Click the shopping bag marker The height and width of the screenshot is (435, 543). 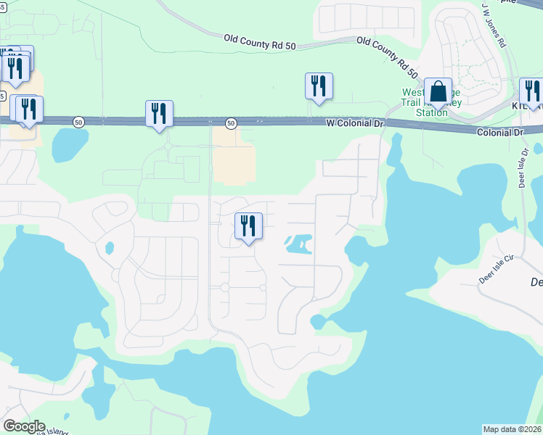(438, 93)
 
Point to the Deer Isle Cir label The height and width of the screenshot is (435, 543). (496, 267)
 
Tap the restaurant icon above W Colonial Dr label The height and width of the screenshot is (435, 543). (319, 86)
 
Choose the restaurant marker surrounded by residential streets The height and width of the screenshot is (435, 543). (248, 226)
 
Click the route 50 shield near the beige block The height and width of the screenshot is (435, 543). (230, 123)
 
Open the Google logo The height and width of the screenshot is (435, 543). (24, 426)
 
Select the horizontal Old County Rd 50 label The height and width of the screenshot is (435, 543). (260, 41)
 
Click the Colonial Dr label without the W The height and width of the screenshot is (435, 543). (500, 133)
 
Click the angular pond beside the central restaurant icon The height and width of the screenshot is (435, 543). (298, 244)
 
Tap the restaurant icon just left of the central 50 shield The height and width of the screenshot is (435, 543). (159, 114)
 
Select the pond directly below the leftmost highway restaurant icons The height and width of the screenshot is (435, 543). (70, 145)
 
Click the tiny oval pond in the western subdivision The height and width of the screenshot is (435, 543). (110, 248)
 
